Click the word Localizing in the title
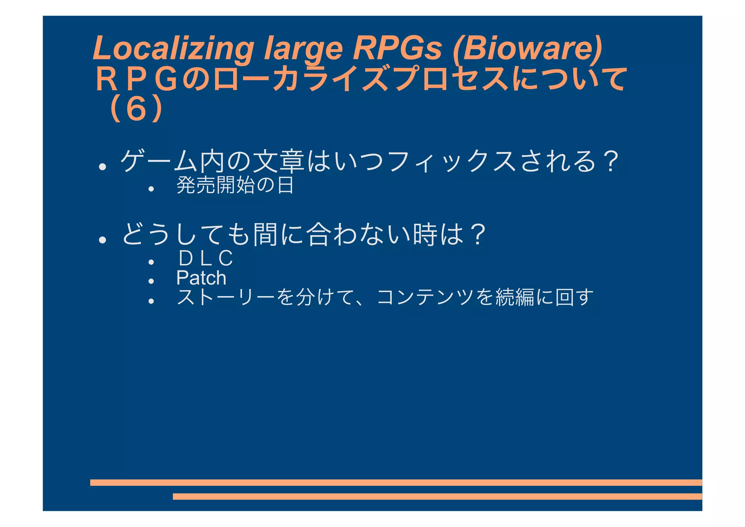click(173, 48)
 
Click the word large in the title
click(303, 48)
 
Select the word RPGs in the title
click(397, 48)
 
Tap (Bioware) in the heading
click(527, 48)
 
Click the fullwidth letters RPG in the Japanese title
click(136, 79)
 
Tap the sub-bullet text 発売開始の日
click(235, 185)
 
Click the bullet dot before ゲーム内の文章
click(103, 167)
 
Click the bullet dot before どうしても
click(103, 240)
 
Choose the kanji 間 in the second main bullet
click(265, 234)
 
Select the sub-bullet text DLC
click(206, 258)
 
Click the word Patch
click(201, 278)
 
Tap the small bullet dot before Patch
click(151, 281)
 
